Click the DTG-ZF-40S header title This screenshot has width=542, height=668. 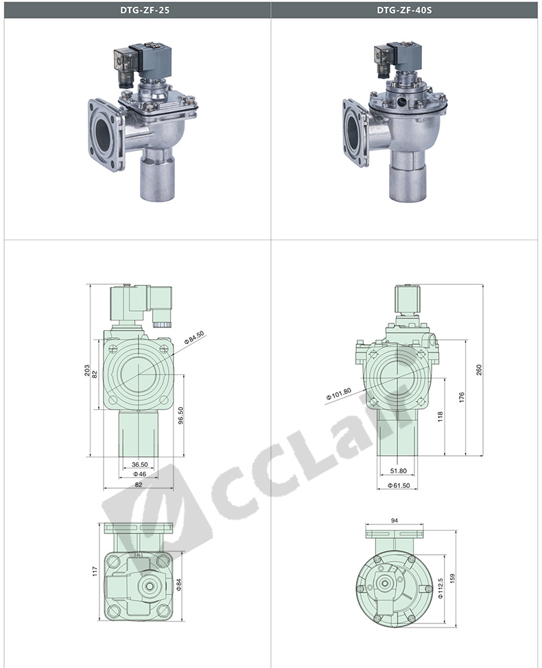pyautogui.click(x=404, y=10)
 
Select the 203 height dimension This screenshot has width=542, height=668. pyautogui.click(x=87, y=370)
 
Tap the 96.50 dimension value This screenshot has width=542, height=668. pyautogui.click(x=180, y=416)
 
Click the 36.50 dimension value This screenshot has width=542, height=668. pyautogui.click(x=140, y=464)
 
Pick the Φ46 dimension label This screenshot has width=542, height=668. pyautogui.click(x=140, y=474)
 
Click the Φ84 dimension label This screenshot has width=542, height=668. pyautogui.click(x=179, y=584)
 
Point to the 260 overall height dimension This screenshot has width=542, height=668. pyautogui.click(x=479, y=370)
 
